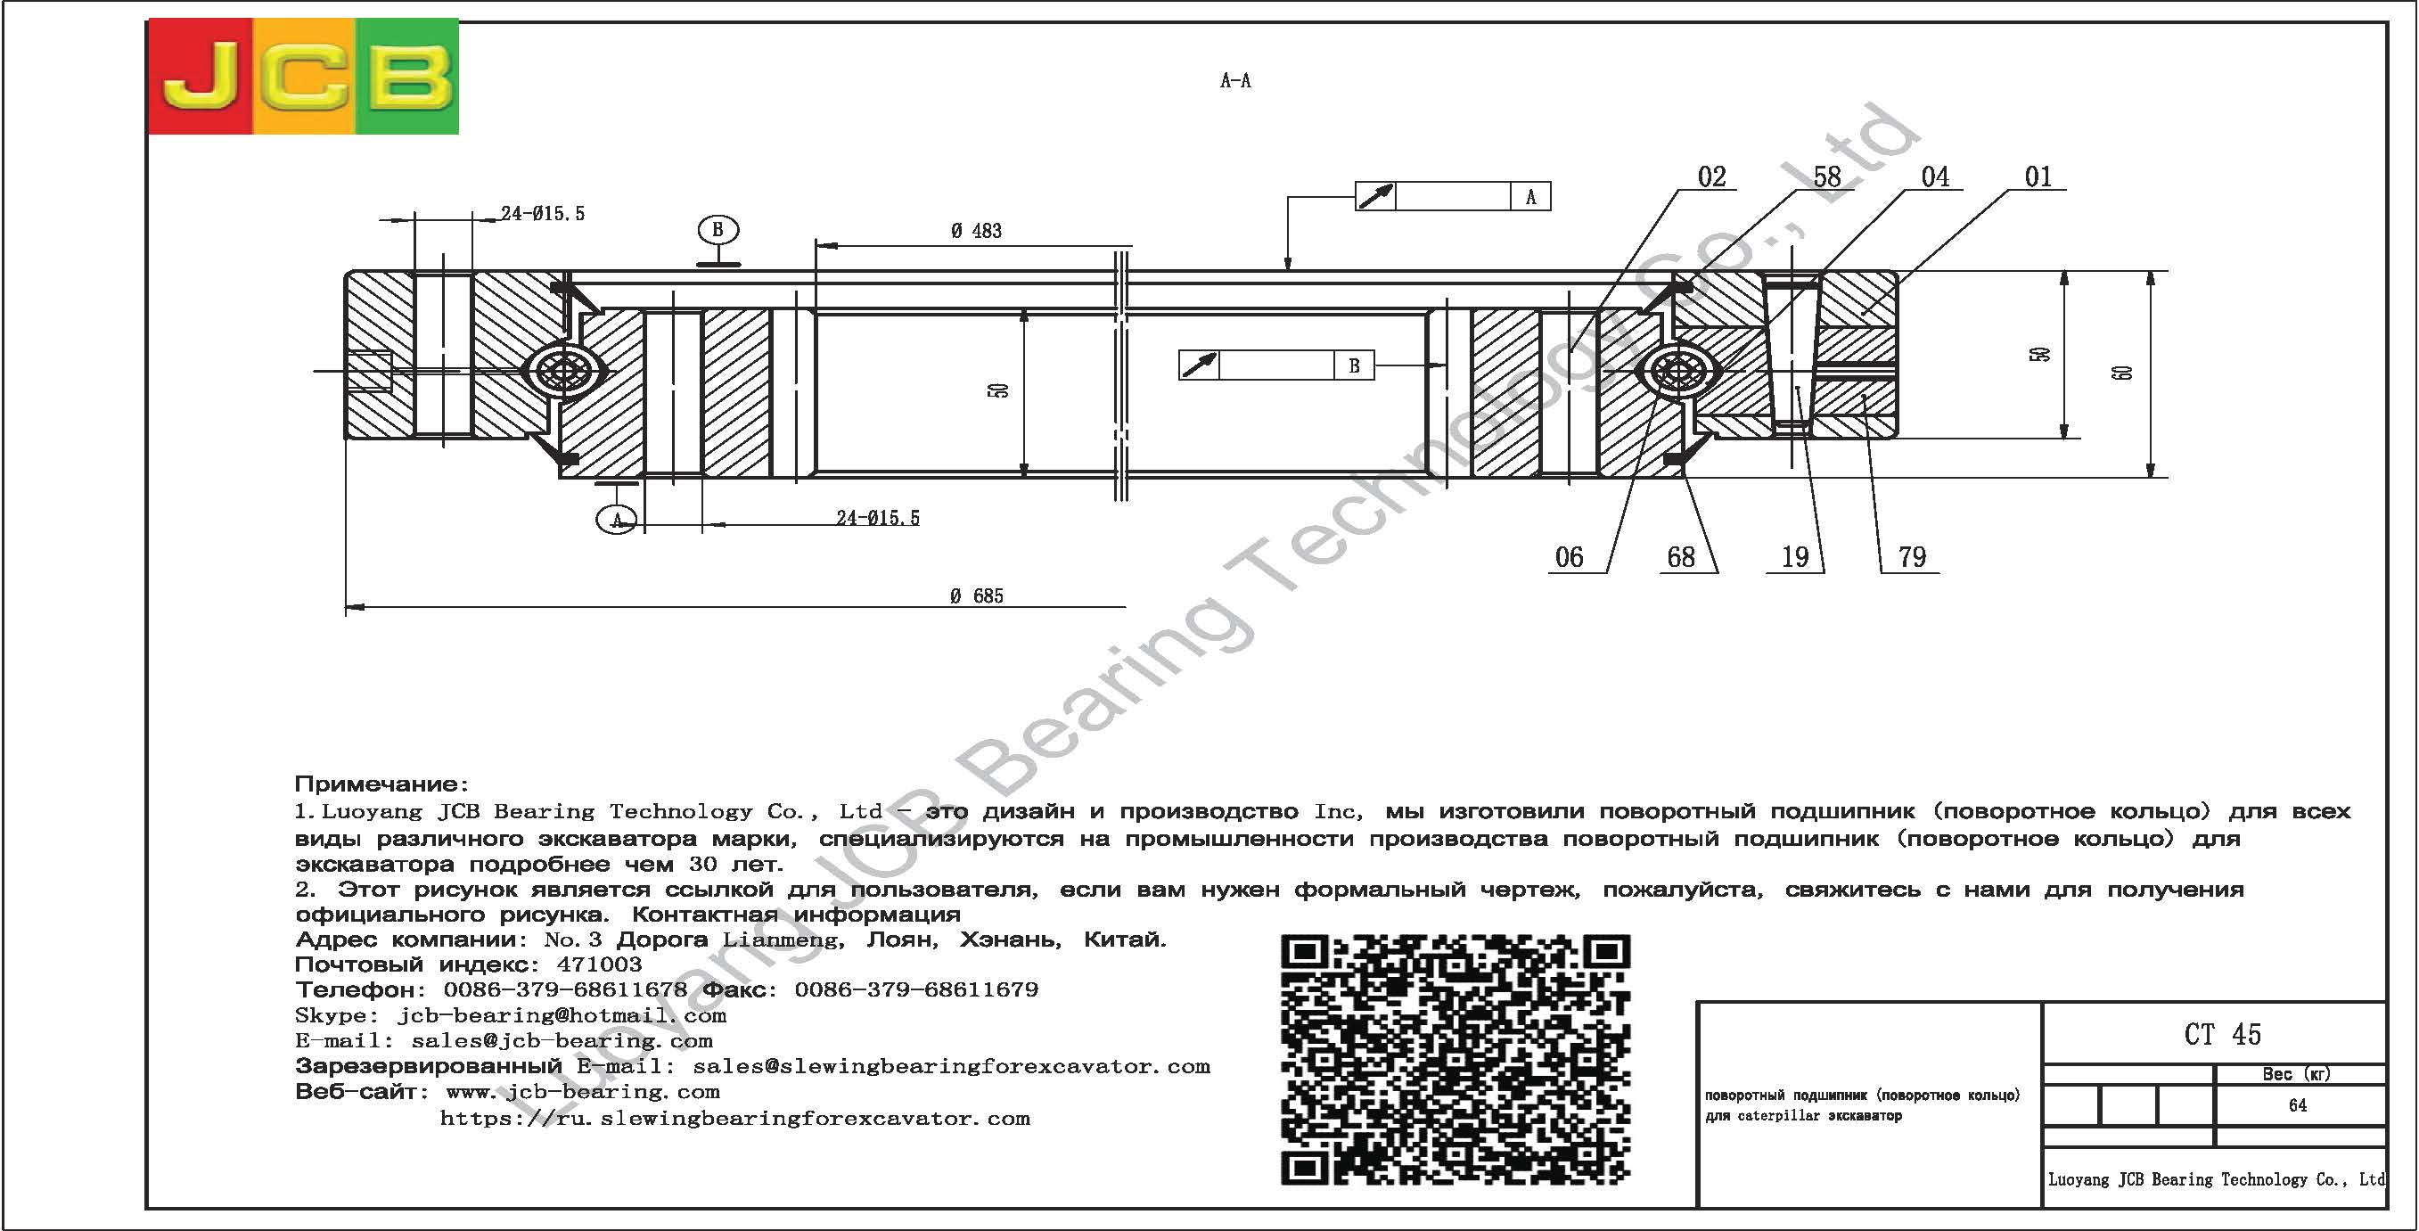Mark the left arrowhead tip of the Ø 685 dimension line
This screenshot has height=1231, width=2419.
347,606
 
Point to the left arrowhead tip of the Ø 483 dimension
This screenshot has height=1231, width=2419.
816,246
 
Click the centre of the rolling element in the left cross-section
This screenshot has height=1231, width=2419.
561,371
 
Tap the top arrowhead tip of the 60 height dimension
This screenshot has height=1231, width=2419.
2151,271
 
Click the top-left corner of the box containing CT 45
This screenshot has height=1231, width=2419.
2044,1003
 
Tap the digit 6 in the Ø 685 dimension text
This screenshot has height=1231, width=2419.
974,596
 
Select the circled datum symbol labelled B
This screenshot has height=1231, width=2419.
717,229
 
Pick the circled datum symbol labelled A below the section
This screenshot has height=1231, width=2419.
617,520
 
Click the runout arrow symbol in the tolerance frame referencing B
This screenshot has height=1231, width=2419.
1199,365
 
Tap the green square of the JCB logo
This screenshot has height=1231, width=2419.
406,77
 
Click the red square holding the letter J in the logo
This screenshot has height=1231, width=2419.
200,77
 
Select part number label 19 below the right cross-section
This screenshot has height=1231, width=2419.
1794,557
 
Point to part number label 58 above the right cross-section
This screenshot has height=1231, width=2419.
1826,176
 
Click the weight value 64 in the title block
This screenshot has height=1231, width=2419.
2298,1105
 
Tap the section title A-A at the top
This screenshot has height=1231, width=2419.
1235,81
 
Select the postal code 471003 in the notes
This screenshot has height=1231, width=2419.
599,964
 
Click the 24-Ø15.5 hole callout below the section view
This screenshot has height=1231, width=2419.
878,517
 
